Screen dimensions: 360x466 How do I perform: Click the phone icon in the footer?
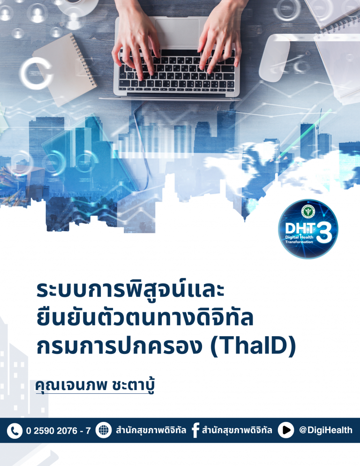coord(15,431)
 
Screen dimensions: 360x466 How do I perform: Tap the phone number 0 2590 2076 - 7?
coord(59,431)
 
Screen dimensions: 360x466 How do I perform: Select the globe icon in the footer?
coord(104,430)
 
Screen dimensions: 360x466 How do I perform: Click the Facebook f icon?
coord(195,430)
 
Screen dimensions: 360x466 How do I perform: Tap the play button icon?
coord(286,430)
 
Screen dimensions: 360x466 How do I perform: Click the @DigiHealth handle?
coord(325,430)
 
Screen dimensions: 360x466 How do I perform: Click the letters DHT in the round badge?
coord(300,228)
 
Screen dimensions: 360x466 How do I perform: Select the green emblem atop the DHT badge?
coord(308,211)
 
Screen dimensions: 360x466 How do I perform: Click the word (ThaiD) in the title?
coord(253,346)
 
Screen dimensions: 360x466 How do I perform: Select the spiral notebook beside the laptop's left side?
coord(65,69)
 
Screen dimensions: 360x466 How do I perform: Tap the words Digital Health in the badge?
coord(299,238)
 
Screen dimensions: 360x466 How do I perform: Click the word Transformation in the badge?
coord(299,242)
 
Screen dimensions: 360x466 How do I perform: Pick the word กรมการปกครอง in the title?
coord(119,346)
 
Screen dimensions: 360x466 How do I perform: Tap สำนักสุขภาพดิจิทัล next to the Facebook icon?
coord(237,430)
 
